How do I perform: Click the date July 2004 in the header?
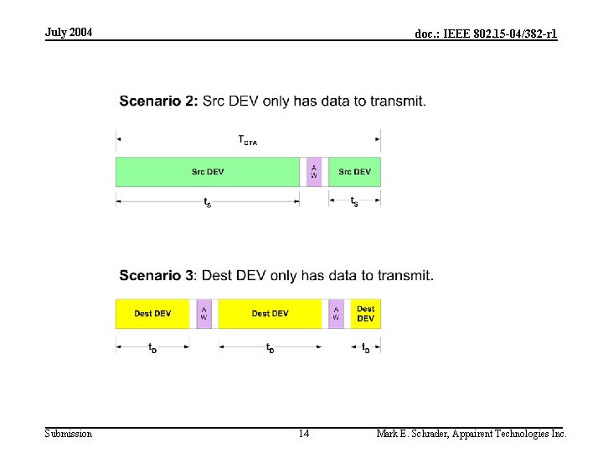pyautogui.click(x=69, y=32)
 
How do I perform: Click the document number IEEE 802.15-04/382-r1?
pyautogui.click(x=486, y=34)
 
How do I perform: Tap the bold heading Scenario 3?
pyautogui.click(x=158, y=275)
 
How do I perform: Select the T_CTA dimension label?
pyautogui.click(x=248, y=140)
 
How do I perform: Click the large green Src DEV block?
pyautogui.click(x=207, y=172)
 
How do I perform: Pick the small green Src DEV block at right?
pyautogui.click(x=354, y=172)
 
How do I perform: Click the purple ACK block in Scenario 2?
pyautogui.click(x=314, y=172)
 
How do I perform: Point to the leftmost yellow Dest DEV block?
pyautogui.click(x=152, y=314)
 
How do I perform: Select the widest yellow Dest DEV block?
pyautogui.click(x=270, y=314)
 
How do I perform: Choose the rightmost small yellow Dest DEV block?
pyautogui.click(x=366, y=314)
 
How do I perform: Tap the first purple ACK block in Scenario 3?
pyautogui.click(x=204, y=314)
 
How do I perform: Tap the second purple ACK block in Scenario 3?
pyautogui.click(x=336, y=314)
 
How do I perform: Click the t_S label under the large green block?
pyautogui.click(x=208, y=202)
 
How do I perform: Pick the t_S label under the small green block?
pyautogui.click(x=354, y=201)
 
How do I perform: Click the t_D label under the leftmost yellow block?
pyautogui.click(x=152, y=347)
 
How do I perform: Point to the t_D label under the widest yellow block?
pyautogui.click(x=270, y=347)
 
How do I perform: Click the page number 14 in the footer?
pyautogui.click(x=303, y=434)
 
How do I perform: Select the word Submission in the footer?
pyautogui.click(x=69, y=434)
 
